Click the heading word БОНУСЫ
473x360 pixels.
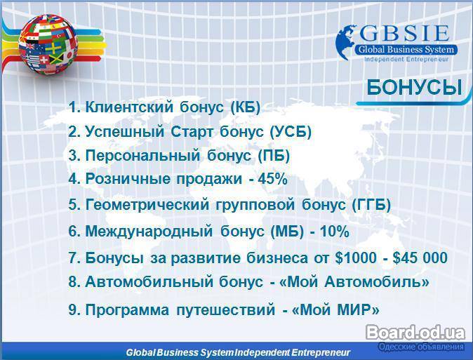click(x=414, y=88)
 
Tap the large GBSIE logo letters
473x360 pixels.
click(x=404, y=34)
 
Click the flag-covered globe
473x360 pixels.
click(x=48, y=44)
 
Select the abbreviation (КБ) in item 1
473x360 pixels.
click(x=245, y=107)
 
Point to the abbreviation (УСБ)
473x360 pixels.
click(x=291, y=131)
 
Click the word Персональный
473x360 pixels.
click(x=142, y=156)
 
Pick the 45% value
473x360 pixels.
click(x=272, y=179)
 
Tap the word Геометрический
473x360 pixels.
click(x=147, y=205)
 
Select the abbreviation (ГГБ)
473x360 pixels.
click(x=371, y=205)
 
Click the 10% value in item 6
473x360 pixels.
click(x=335, y=232)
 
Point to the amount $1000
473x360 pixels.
click(x=356, y=258)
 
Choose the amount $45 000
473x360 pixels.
click(x=420, y=258)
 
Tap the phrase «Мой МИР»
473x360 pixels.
click(x=335, y=309)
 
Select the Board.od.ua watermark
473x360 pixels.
click(x=415, y=333)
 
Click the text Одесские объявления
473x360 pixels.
click(x=421, y=347)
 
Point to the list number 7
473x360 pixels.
click(x=73, y=258)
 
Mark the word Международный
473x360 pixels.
click(x=149, y=232)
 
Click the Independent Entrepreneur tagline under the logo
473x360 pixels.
click(x=406, y=59)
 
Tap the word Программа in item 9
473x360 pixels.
click(x=127, y=310)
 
